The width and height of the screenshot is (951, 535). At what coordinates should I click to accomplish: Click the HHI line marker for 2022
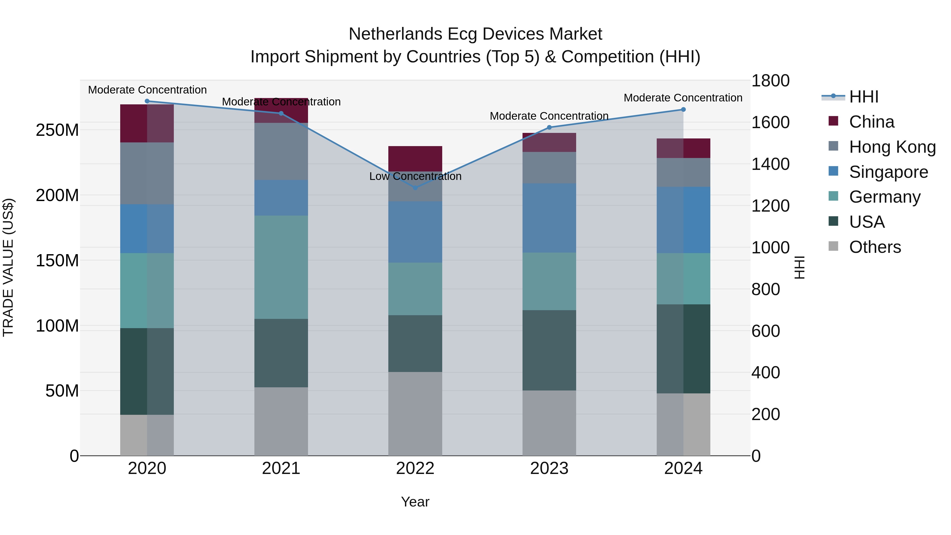[x=415, y=188]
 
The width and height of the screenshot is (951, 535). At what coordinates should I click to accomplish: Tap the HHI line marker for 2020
[x=147, y=101]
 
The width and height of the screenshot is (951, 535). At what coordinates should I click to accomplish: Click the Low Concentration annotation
[x=415, y=176]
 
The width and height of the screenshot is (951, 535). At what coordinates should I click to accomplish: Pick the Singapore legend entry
[x=888, y=172]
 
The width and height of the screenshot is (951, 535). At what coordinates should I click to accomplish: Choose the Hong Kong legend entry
[x=892, y=147]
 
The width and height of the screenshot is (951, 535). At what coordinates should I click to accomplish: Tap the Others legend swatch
[x=833, y=246]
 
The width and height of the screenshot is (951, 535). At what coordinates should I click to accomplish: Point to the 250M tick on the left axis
[x=57, y=130]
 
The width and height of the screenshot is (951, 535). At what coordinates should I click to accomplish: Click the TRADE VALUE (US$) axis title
[x=8, y=267]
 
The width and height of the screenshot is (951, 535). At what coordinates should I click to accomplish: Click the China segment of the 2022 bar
[x=415, y=159]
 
